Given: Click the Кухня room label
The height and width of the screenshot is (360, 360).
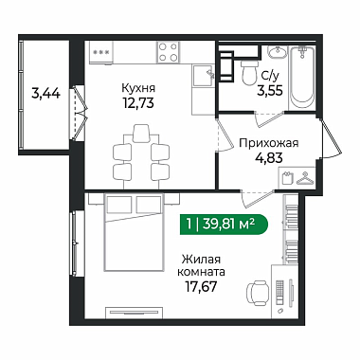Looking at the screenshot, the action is [138, 88].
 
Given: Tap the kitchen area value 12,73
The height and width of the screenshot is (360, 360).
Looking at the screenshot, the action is [138, 102].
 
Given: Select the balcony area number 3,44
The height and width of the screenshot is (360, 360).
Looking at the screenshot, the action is [46, 94].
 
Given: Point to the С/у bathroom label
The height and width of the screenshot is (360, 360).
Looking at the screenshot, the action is [269, 76].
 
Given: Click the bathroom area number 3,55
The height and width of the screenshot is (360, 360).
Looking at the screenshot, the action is [270, 91].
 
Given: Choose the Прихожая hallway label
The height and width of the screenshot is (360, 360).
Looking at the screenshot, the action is [269, 143].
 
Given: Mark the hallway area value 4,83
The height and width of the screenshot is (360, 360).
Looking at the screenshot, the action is [269, 157].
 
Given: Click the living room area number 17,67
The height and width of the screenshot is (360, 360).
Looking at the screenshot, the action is [201, 286].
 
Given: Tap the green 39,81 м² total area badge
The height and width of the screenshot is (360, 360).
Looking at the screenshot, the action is [224, 225].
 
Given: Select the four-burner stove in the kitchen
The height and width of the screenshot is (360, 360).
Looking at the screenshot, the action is [168, 52].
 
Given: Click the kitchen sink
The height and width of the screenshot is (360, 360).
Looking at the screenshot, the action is [204, 75].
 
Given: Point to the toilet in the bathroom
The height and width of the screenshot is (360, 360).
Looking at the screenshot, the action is [249, 72].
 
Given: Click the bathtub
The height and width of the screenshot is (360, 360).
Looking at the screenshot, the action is [302, 78].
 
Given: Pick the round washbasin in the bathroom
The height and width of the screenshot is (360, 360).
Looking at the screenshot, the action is [278, 52].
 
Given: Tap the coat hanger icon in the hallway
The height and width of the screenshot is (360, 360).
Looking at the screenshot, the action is [305, 178].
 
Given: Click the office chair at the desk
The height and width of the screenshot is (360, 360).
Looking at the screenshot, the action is [258, 293].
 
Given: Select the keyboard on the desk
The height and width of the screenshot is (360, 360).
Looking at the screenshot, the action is [279, 291].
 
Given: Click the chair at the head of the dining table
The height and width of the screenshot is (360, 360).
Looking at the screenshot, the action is [141, 133].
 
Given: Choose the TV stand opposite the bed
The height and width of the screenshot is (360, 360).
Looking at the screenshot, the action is [135, 313].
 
